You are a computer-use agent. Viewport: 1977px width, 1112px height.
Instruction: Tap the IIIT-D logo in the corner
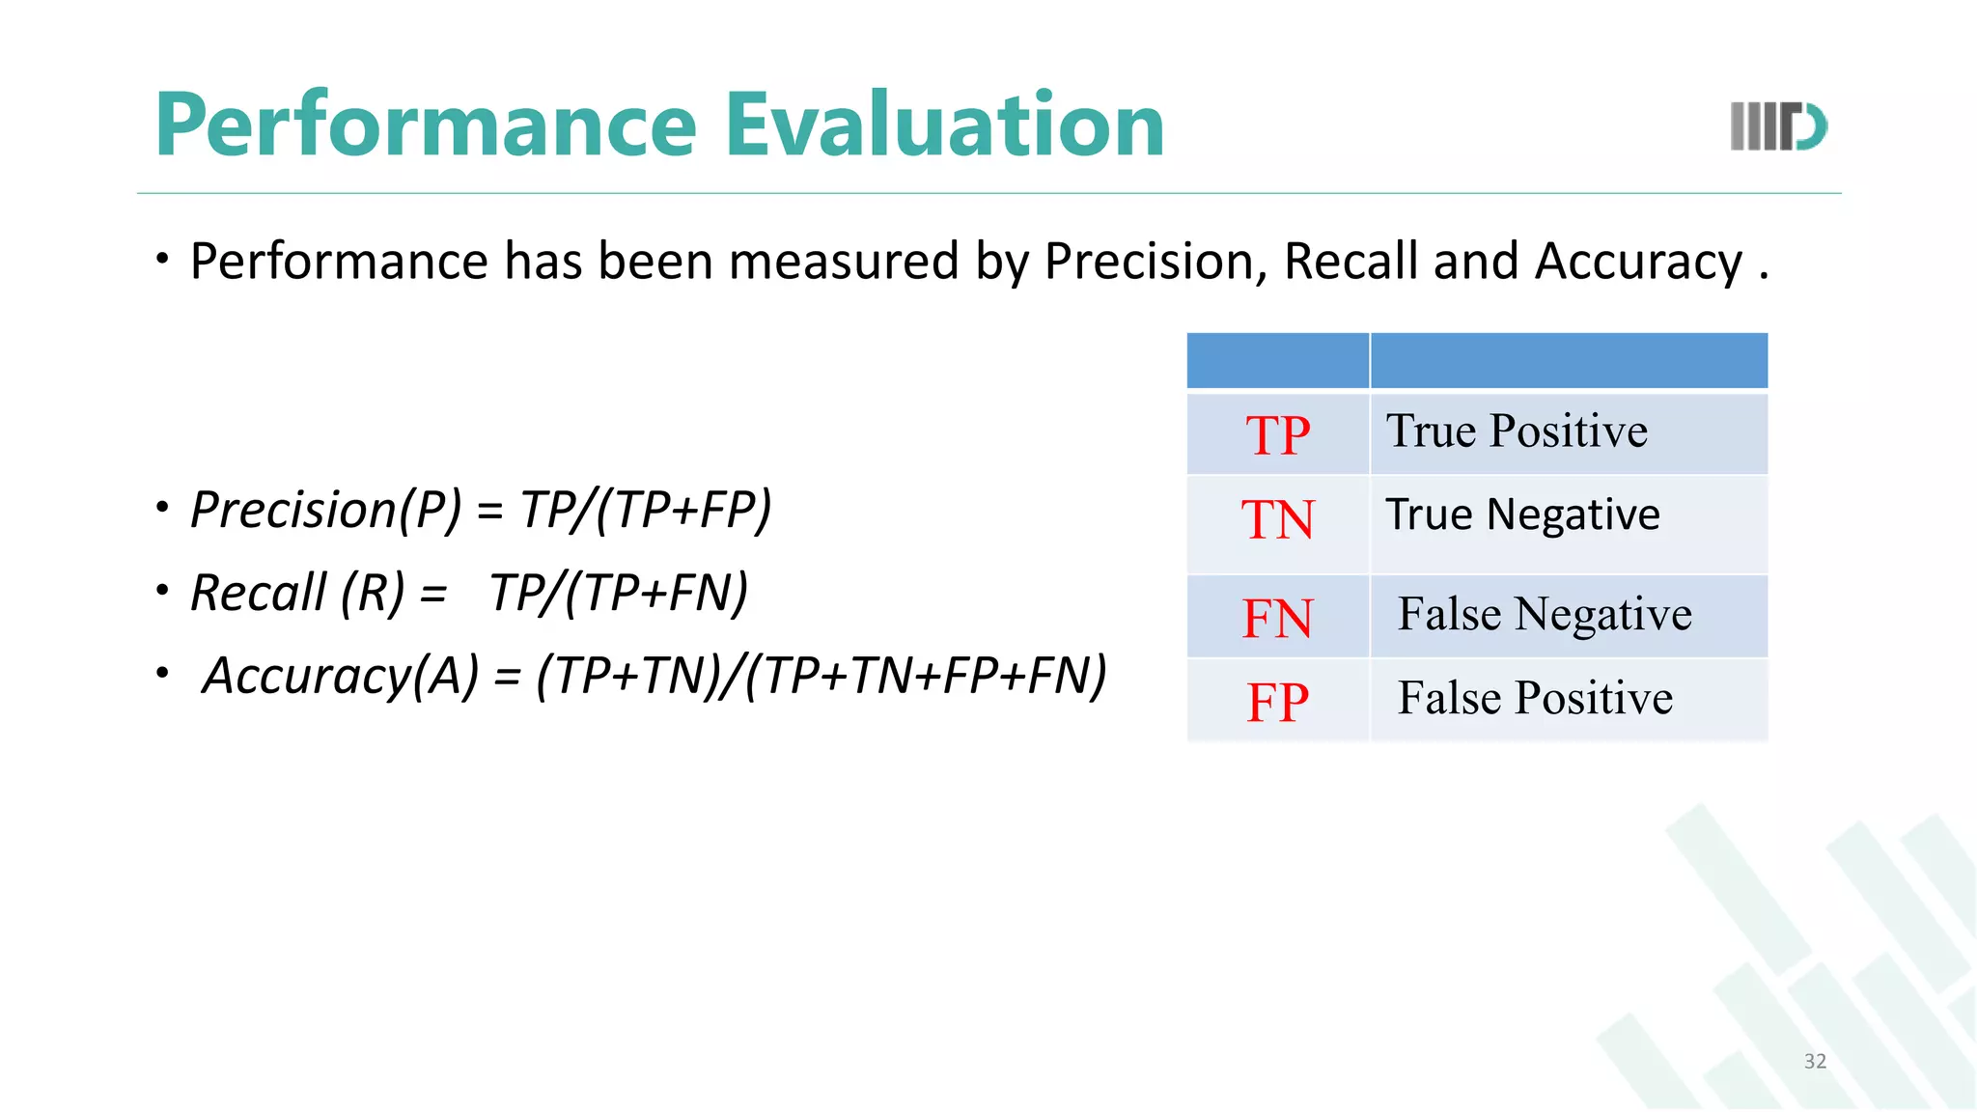(1778, 126)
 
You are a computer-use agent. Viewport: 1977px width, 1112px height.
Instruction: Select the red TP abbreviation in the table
(1277, 435)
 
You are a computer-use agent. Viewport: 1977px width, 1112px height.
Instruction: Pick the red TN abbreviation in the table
(1277, 519)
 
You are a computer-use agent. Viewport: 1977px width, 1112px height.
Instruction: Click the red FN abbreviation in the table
(1277, 619)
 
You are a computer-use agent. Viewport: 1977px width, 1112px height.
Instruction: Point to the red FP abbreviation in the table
(1277, 702)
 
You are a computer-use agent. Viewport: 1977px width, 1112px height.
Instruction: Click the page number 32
(1815, 1061)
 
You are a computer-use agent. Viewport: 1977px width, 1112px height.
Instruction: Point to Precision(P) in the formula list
(326, 509)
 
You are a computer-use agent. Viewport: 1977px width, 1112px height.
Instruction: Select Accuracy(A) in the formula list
(340, 675)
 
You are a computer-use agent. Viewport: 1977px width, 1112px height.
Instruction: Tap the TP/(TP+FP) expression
(646, 509)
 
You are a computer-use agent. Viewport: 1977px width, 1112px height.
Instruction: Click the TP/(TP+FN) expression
(619, 592)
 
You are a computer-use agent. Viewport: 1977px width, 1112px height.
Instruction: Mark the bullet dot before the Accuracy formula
(163, 672)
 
